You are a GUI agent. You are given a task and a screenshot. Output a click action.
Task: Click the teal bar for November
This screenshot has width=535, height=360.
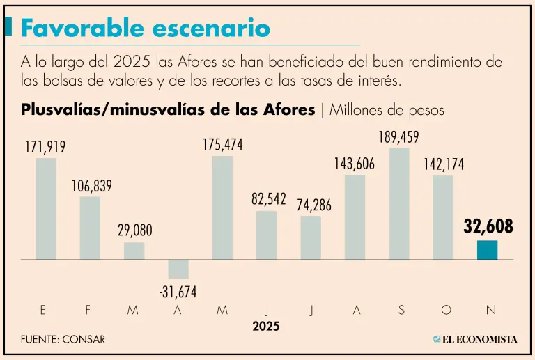click(x=488, y=250)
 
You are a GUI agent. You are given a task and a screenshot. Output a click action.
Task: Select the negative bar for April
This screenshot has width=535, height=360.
click(x=178, y=269)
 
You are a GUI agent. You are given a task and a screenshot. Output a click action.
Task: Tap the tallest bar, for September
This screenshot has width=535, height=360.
click(x=399, y=203)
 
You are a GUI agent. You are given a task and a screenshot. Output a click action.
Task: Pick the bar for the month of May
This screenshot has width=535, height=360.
click(x=222, y=208)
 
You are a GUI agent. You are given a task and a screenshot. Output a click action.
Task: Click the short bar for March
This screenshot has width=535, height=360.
click(x=134, y=251)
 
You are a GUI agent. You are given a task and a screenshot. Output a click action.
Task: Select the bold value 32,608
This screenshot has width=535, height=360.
click(x=488, y=226)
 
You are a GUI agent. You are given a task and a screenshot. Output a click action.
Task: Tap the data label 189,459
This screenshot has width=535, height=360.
click(x=399, y=137)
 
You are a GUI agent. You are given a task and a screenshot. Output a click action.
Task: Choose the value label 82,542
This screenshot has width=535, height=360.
click(x=269, y=199)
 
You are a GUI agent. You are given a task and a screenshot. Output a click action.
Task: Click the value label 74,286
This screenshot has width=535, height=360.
click(x=311, y=205)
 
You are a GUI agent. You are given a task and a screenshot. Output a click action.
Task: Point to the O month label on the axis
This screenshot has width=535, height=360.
click(x=446, y=311)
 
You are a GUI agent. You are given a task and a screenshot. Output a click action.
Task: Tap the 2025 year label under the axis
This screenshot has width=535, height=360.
click(x=266, y=326)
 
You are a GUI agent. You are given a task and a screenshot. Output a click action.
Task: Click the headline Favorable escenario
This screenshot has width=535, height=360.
click(x=145, y=28)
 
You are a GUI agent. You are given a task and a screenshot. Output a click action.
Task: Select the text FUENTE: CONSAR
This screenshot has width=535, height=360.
click(x=63, y=340)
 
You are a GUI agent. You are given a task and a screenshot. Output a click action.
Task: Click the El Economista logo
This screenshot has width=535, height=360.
click(x=475, y=339)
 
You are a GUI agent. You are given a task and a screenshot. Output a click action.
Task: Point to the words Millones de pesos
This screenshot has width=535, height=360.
click(x=387, y=110)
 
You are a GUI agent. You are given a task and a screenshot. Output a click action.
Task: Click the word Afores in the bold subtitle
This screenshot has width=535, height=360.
click(x=286, y=110)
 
